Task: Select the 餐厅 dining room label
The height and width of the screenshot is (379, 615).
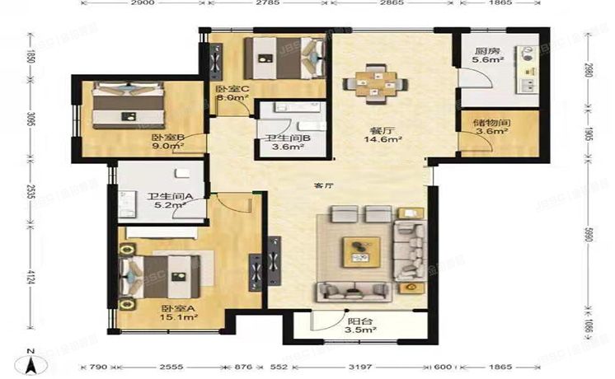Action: (x=381, y=130)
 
